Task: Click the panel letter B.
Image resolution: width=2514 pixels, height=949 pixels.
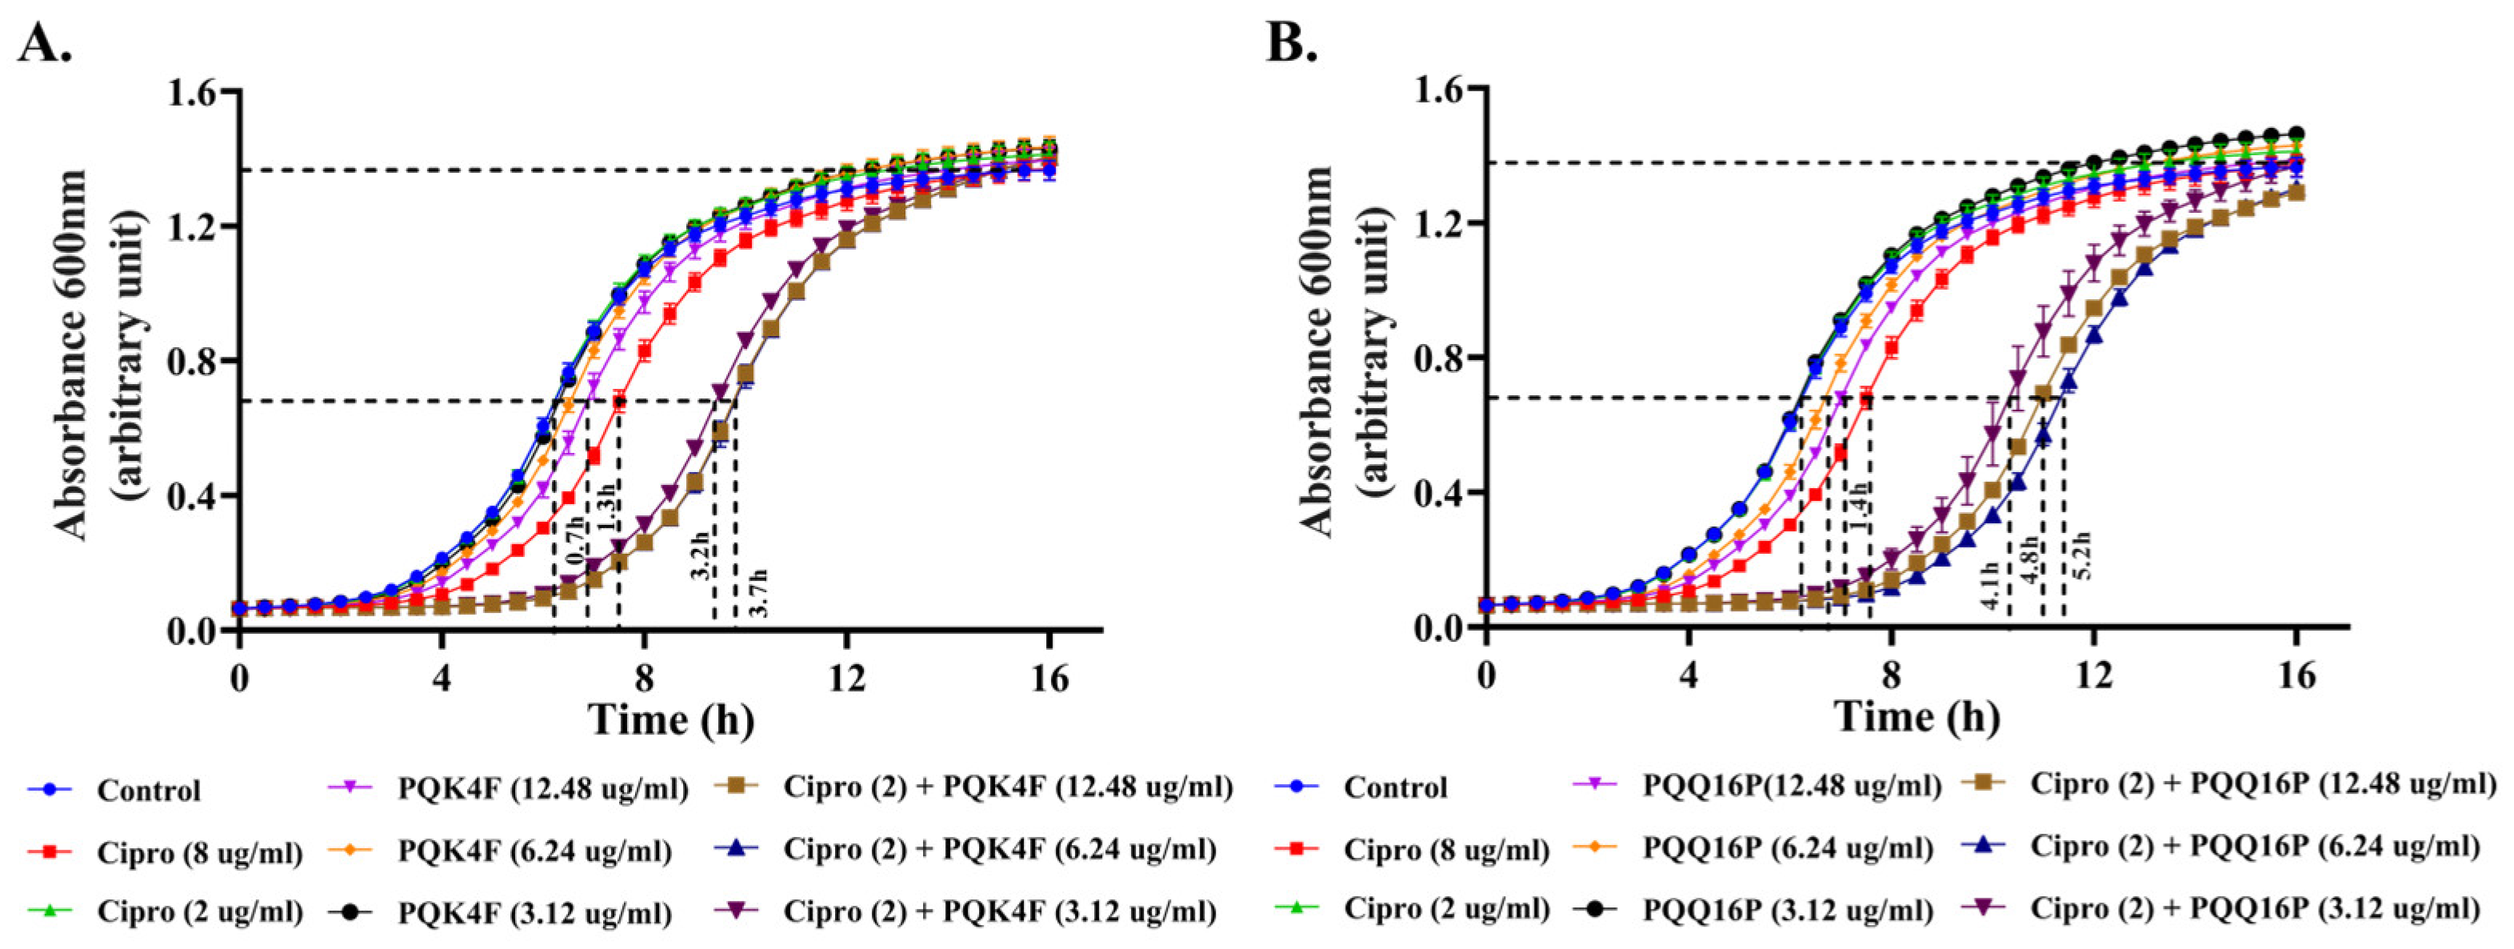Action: point(1292,43)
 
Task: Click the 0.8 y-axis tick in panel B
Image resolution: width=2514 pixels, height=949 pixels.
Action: point(1440,358)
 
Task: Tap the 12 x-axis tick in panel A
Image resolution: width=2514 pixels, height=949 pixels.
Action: point(846,677)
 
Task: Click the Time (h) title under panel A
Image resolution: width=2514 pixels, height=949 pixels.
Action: point(670,719)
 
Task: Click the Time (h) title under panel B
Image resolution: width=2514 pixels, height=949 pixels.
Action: point(1918,718)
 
